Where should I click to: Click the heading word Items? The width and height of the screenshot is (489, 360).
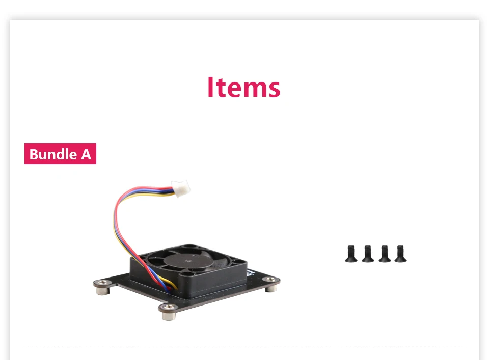pos(243,88)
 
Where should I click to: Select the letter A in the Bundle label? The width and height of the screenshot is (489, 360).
pos(86,154)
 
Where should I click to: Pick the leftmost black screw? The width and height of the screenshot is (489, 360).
pos(351,254)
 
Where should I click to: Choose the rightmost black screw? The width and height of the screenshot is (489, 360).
pos(400,254)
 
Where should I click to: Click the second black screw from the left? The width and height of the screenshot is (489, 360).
pos(368,254)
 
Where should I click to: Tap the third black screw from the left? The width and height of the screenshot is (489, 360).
pos(385,254)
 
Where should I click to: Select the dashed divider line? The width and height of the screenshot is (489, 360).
pos(244,348)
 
